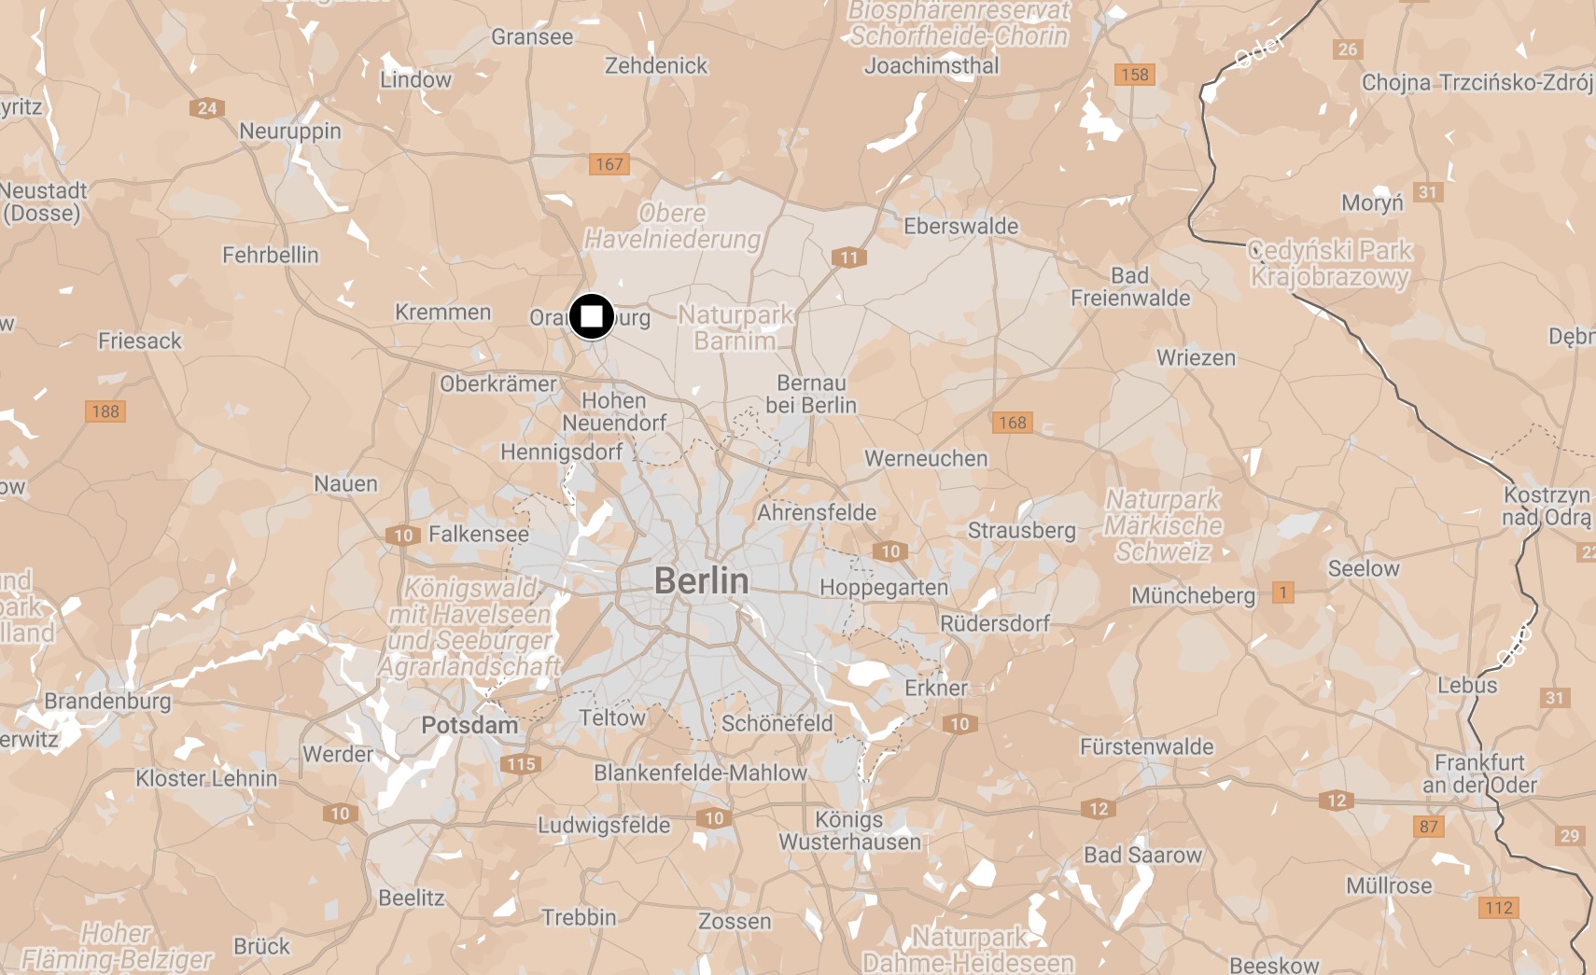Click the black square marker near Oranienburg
point(591,317)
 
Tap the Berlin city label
point(701,581)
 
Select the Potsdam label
point(469,725)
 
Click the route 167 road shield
point(609,164)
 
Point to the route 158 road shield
point(1134,75)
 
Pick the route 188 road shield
point(105,411)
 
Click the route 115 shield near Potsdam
point(521,764)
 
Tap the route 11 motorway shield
point(848,258)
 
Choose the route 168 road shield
point(1012,423)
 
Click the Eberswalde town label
point(960,227)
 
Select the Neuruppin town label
point(290,131)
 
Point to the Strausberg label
point(1021,531)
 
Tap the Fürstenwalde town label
point(1146,746)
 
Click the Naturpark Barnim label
point(735,327)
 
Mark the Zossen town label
point(735,922)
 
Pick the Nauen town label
point(345,483)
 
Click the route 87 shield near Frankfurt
point(1428,827)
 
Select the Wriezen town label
point(1196,358)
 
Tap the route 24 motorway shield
point(207,108)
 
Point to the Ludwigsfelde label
point(604,826)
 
